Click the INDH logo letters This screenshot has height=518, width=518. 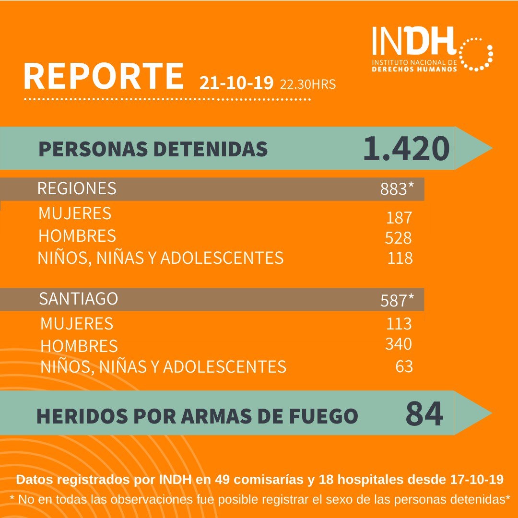(413, 43)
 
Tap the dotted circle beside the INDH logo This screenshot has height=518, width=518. (476, 53)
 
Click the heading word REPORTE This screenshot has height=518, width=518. (104, 76)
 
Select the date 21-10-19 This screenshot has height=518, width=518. (237, 83)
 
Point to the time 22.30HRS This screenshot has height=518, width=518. (308, 85)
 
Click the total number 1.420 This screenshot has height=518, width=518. (406, 149)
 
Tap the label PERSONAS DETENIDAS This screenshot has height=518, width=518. (153, 149)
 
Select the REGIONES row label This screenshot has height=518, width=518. (77, 188)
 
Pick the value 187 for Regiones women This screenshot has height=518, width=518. (399, 218)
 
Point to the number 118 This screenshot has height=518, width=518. (400, 258)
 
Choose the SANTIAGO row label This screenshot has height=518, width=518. (79, 299)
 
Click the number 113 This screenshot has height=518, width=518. (399, 324)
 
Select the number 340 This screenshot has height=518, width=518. (399, 344)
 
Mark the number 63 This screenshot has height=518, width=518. (404, 367)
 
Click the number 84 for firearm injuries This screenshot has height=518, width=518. (424, 414)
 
